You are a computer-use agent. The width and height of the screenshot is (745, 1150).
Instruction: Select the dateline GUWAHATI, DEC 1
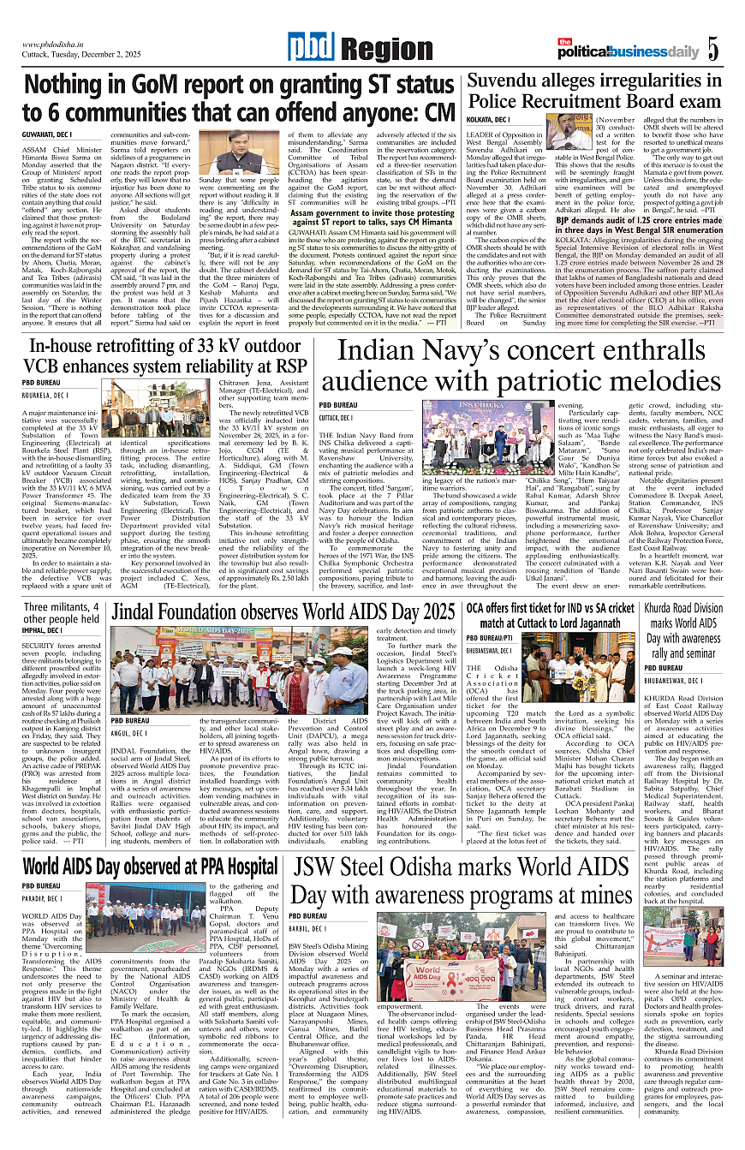click(47, 134)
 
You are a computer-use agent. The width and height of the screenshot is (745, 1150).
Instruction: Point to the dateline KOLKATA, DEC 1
click(488, 119)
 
